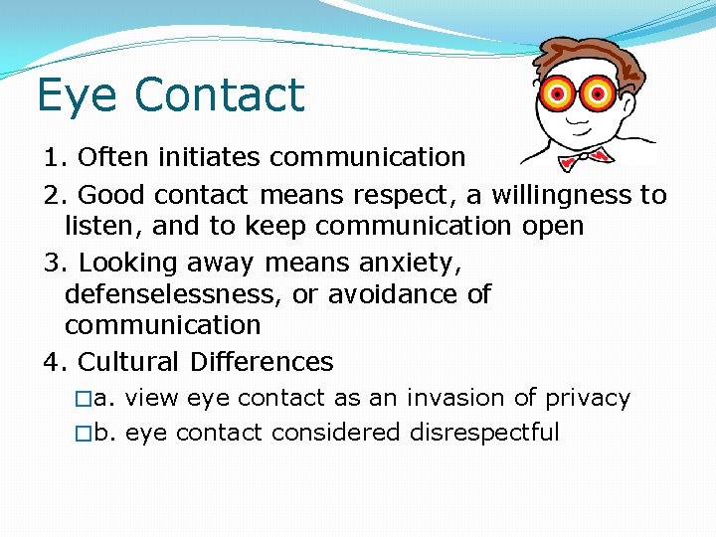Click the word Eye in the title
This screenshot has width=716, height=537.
point(78,96)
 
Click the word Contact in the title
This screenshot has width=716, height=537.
point(219,94)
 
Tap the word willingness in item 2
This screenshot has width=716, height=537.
point(552,194)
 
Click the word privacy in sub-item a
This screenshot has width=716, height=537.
point(587,399)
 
